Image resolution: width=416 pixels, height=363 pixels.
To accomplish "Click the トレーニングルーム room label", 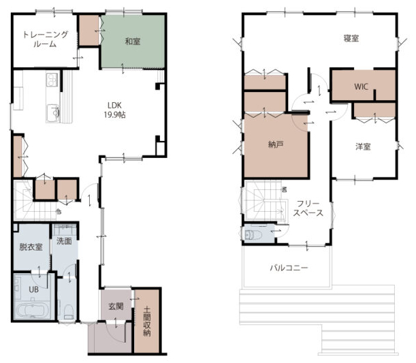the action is (46, 39).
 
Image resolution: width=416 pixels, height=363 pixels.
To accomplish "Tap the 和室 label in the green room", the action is (132, 42).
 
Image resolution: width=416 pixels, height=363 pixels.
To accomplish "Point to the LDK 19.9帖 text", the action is (114, 110).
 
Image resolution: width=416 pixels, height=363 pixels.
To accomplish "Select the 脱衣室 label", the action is (31, 247).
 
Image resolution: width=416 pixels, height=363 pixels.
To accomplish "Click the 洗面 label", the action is (64, 241).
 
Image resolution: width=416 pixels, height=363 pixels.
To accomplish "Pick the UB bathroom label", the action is (33, 289).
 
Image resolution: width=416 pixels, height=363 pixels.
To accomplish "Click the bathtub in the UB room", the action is (33, 311).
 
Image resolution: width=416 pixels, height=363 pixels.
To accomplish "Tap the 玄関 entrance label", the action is (116, 306).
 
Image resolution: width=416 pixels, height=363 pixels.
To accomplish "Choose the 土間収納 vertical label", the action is (146, 321).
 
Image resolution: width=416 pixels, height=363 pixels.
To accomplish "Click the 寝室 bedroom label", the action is (351, 38).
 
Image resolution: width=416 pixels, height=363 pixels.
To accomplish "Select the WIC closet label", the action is (361, 86).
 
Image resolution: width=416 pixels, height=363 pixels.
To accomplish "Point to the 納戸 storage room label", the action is (276, 144).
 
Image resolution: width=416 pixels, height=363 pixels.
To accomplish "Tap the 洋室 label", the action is (363, 146).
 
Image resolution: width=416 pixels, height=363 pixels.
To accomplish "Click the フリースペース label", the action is (308, 208).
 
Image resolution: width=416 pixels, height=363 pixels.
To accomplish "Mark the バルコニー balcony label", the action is (289, 268).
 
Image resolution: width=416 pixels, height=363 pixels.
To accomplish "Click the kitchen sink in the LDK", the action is (53, 113).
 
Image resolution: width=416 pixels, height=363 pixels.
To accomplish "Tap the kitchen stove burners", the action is (52, 79).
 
